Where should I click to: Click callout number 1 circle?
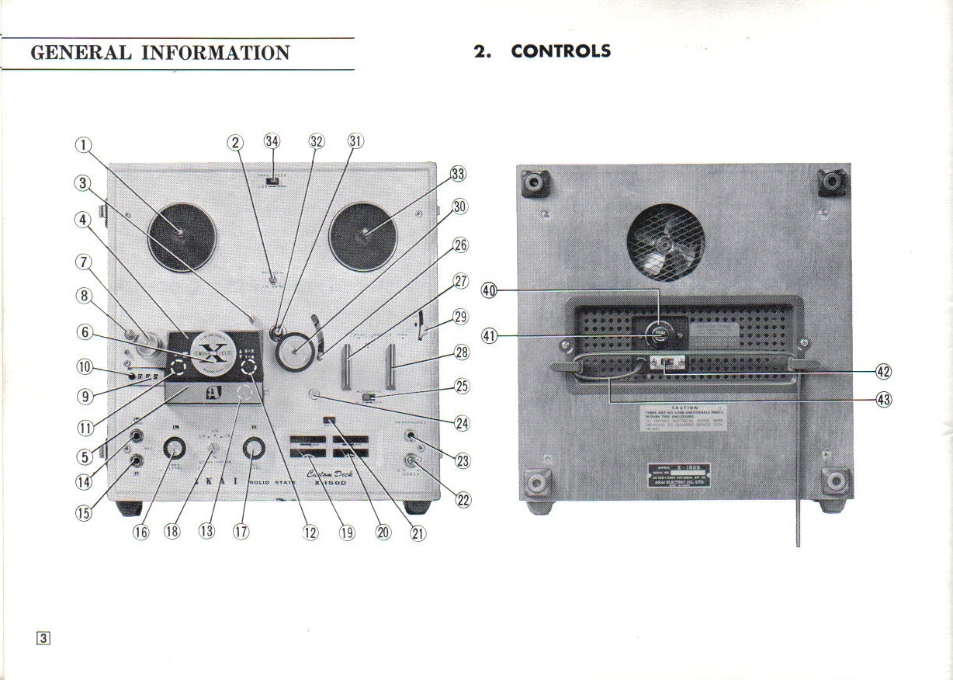click(83, 144)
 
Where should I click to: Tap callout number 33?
click(458, 175)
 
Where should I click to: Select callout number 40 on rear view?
click(489, 290)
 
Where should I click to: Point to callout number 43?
click(883, 400)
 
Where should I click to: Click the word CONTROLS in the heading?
click(561, 51)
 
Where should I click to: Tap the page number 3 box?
click(43, 638)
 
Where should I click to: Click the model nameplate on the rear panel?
click(683, 474)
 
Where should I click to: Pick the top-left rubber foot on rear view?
click(535, 183)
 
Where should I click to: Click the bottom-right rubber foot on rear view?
click(836, 481)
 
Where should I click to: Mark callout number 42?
click(883, 371)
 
